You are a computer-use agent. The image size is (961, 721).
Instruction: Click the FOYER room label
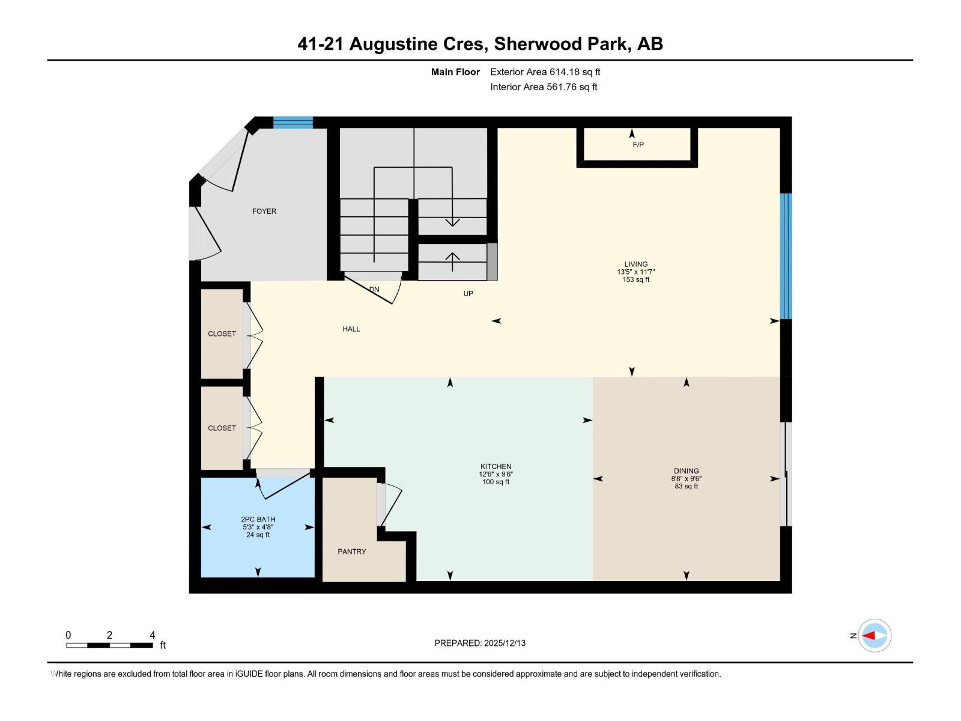[264, 211]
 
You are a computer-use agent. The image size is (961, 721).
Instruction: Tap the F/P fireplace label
[638, 145]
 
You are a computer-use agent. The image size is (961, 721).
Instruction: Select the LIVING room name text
[635, 264]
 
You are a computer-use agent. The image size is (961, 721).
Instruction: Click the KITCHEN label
[496, 466]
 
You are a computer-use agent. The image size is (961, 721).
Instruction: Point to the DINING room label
[686, 471]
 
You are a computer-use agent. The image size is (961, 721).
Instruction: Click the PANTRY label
[351, 552]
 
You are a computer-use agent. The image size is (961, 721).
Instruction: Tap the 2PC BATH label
[258, 519]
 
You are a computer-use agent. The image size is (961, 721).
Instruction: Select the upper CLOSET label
[222, 334]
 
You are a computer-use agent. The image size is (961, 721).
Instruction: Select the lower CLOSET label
[222, 428]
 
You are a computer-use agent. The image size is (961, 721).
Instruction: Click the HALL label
[351, 329]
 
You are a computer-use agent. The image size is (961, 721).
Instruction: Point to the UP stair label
[468, 294]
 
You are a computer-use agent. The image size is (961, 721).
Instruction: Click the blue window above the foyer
[293, 123]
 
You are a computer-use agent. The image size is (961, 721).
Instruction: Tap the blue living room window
[786, 256]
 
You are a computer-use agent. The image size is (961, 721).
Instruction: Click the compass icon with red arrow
[874, 635]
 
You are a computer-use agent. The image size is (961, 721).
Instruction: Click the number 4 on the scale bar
[152, 635]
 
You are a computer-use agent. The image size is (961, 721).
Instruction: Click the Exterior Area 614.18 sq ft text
[545, 72]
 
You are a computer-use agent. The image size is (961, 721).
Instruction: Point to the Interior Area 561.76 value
[561, 87]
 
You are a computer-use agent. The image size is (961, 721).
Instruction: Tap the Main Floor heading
[455, 72]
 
